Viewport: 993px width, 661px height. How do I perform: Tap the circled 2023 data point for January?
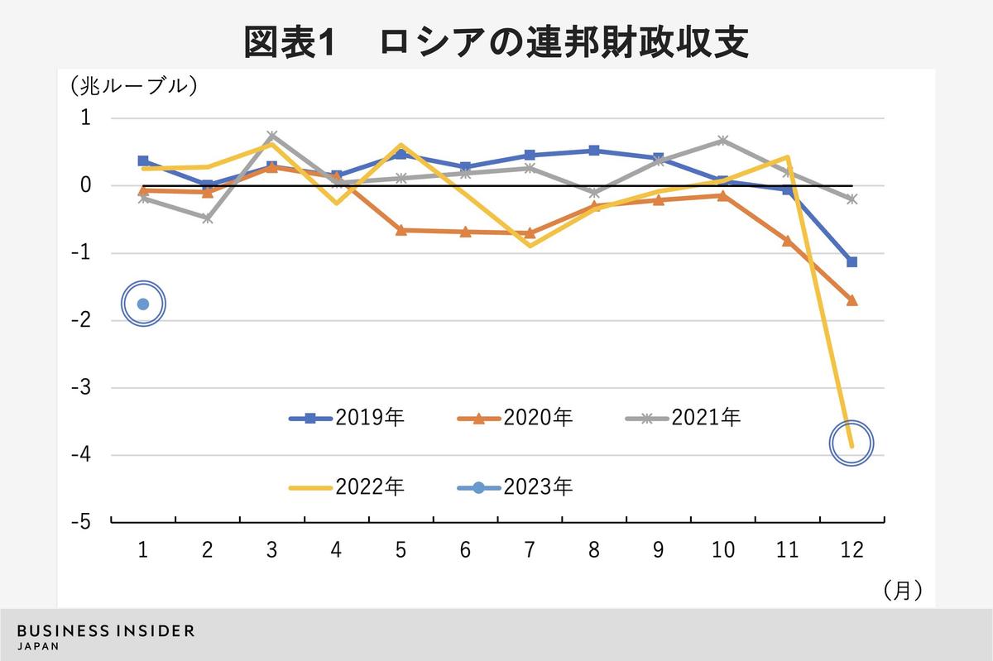coord(143,304)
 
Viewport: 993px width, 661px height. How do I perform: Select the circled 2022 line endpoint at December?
coord(851,444)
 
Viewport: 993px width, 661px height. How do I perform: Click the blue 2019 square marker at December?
coord(851,261)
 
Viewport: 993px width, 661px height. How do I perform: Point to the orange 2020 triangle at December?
coord(851,300)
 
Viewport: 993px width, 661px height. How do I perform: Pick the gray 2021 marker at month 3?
coord(272,135)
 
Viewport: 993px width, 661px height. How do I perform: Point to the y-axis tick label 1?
coord(85,118)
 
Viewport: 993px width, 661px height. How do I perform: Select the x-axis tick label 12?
coord(851,549)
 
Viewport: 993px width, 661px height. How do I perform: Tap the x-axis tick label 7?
coord(530,549)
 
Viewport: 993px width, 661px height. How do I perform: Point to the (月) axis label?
coord(902,589)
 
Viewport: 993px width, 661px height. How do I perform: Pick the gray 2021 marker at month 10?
coord(722,140)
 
